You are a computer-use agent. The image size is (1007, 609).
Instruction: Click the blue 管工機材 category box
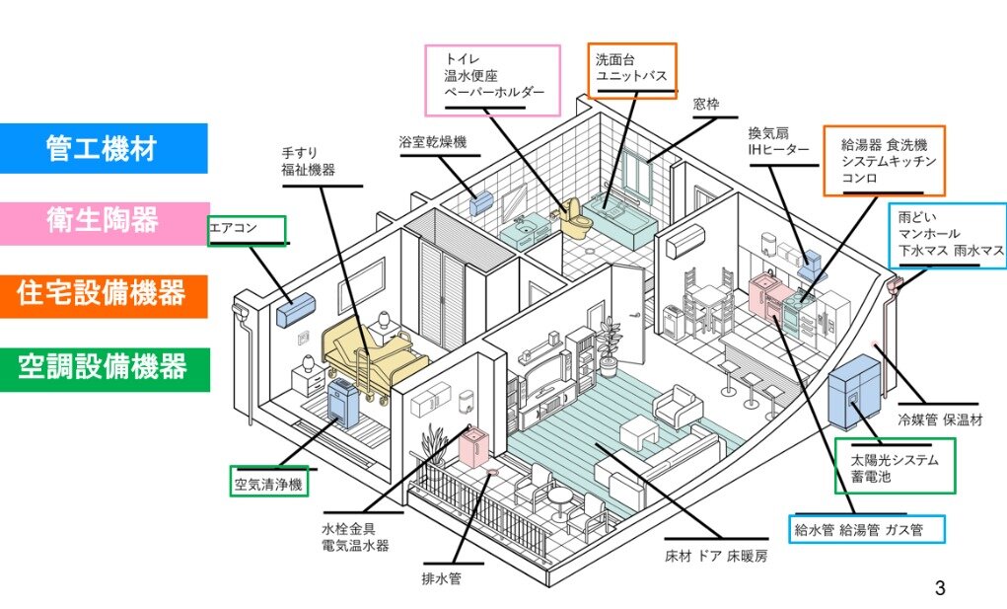tap(103, 148)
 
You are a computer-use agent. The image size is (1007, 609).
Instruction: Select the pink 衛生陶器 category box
tap(103, 219)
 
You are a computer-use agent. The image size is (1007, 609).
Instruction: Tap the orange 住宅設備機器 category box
tap(103, 292)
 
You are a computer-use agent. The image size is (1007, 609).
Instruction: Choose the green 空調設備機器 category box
tap(103, 367)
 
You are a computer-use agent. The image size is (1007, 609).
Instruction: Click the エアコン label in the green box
tap(234, 228)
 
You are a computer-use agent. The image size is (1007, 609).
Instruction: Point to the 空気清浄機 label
tap(268, 485)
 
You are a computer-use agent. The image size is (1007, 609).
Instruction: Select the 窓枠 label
tap(706, 104)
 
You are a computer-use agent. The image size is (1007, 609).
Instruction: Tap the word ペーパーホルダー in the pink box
tap(494, 92)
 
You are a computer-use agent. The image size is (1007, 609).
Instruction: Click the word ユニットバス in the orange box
tap(632, 76)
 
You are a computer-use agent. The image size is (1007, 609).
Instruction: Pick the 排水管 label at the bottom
tap(441, 578)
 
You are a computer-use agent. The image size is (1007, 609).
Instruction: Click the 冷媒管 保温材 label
tap(940, 419)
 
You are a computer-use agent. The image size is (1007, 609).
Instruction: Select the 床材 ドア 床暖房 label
tap(715, 556)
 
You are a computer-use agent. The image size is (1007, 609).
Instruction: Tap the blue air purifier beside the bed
tap(342, 401)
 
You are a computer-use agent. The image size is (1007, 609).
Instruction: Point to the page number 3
tap(940, 589)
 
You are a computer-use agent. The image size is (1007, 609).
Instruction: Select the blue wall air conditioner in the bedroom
tap(295, 309)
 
